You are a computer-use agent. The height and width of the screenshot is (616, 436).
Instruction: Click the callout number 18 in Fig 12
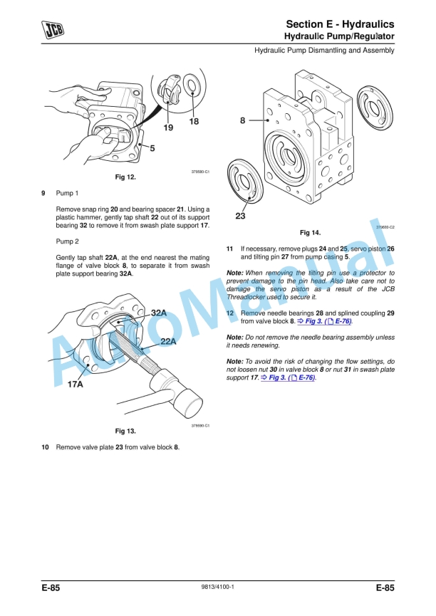[193, 121]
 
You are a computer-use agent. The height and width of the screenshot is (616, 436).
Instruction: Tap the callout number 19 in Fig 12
[168, 128]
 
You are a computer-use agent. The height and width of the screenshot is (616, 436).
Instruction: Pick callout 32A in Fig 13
[159, 313]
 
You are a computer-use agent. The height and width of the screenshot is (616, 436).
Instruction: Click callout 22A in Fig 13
[168, 342]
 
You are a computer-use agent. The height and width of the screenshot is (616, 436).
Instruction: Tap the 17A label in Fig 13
[76, 385]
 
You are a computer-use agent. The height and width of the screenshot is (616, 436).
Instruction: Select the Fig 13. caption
[125, 431]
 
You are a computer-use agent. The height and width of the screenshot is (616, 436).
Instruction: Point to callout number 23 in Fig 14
[240, 215]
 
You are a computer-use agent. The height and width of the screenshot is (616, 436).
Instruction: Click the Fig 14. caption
[310, 233]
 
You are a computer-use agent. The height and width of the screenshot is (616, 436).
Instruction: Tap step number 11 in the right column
[229, 249]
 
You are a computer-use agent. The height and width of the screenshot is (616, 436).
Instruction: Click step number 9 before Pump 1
[43, 193]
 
